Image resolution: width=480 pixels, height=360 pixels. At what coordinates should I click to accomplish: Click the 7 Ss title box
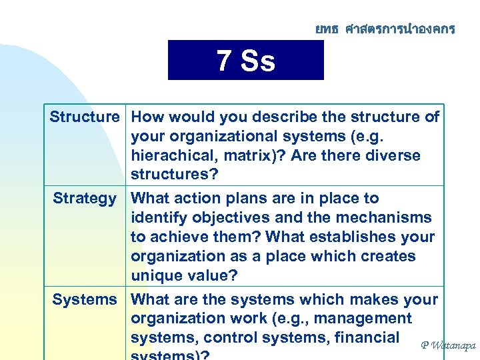tap(245, 61)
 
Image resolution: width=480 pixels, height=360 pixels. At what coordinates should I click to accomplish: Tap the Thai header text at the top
tap(385, 29)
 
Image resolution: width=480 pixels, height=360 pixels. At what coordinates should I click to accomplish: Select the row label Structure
tap(84, 117)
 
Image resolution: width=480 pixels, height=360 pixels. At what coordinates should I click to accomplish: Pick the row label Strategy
tap(85, 199)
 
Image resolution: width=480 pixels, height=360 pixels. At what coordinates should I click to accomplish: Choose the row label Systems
tap(85, 300)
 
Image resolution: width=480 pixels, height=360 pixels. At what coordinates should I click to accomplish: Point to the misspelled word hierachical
tap(171, 156)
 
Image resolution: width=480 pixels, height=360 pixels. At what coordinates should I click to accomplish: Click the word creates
tap(390, 257)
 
